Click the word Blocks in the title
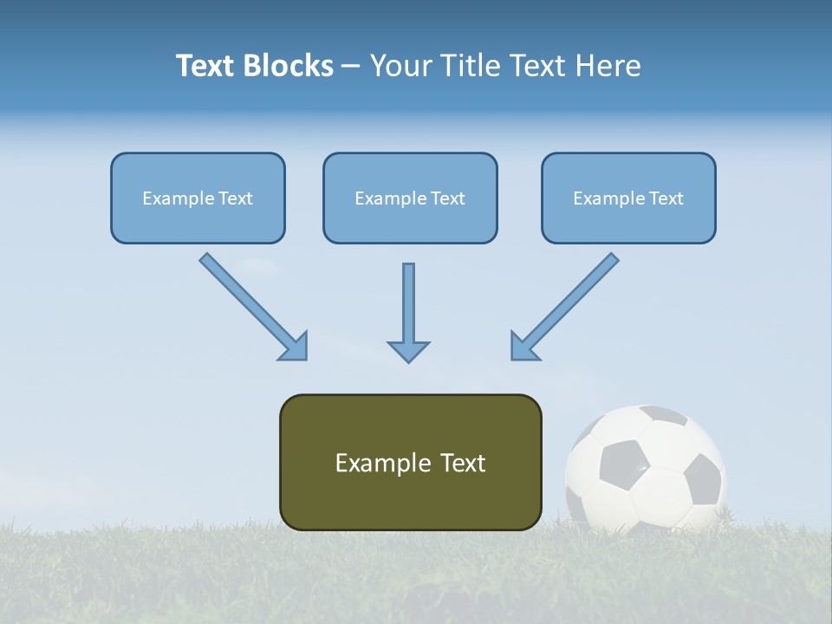click(289, 66)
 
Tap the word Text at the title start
click(206, 66)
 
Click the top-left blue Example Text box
click(198, 198)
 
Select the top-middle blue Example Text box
click(410, 198)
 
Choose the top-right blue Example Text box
click(628, 198)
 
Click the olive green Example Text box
click(410, 462)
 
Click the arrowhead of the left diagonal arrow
click(295, 347)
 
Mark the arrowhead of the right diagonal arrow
click(523, 346)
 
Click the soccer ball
click(645, 469)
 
